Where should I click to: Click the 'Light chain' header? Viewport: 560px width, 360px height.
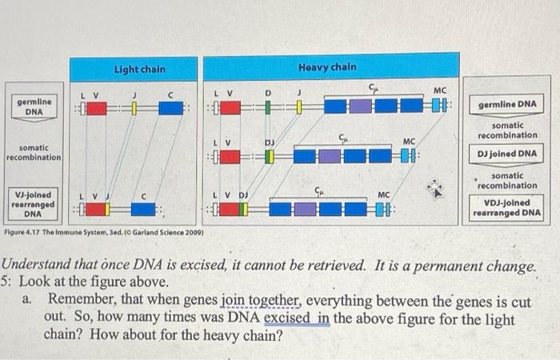point(139,70)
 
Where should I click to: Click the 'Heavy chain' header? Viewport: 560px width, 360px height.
point(327,66)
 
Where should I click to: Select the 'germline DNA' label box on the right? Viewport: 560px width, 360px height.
point(507,105)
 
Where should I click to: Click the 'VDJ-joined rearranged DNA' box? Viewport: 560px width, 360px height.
point(507,208)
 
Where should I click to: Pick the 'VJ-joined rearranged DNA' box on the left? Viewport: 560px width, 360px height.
point(33,203)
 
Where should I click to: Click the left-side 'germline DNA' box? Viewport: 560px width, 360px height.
point(34,106)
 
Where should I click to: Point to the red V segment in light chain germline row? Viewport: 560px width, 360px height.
point(97,108)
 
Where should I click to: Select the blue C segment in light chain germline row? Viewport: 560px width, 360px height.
point(170,108)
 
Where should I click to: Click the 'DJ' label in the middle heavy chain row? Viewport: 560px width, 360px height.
point(270,141)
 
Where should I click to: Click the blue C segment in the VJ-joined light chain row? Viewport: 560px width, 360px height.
point(142,210)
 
